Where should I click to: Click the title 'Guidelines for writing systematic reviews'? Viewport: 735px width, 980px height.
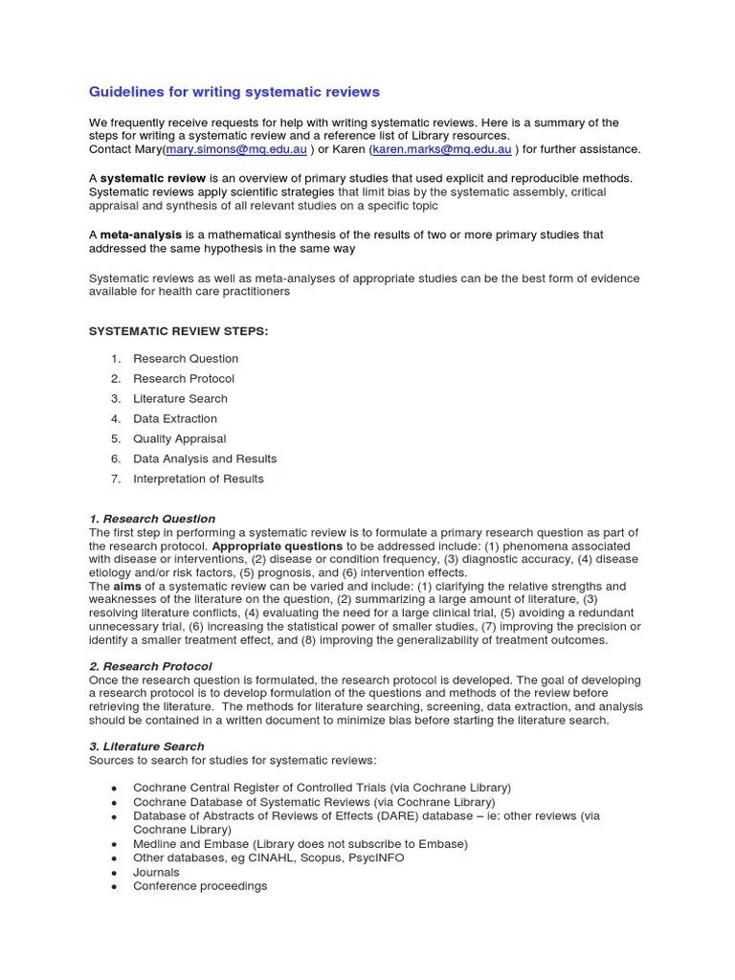coord(234,92)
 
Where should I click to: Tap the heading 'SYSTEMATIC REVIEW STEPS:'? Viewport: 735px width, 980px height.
coord(179,330)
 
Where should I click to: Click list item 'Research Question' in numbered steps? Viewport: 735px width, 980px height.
coord(186,359)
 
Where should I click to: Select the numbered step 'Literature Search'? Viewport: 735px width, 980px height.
coord(180,399)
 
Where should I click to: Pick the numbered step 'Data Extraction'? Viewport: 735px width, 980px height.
coord(175,419)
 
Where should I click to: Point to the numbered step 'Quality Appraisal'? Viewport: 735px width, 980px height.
coord(180,439)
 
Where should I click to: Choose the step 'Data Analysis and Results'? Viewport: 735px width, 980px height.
coord(205,459)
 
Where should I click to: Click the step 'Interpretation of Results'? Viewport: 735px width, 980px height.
coord(198,479)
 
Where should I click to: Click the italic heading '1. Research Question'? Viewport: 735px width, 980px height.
coord(152,519)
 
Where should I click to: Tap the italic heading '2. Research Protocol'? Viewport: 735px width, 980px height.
coord(150,666)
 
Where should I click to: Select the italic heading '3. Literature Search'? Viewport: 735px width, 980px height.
coord(146,746)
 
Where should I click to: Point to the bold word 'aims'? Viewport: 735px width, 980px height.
coord(127,587)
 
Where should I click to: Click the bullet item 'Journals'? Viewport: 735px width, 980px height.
coord(156,873)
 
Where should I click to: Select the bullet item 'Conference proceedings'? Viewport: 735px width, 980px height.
coord(200,886)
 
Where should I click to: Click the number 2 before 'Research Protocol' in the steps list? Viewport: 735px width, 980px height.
coord(115,379)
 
